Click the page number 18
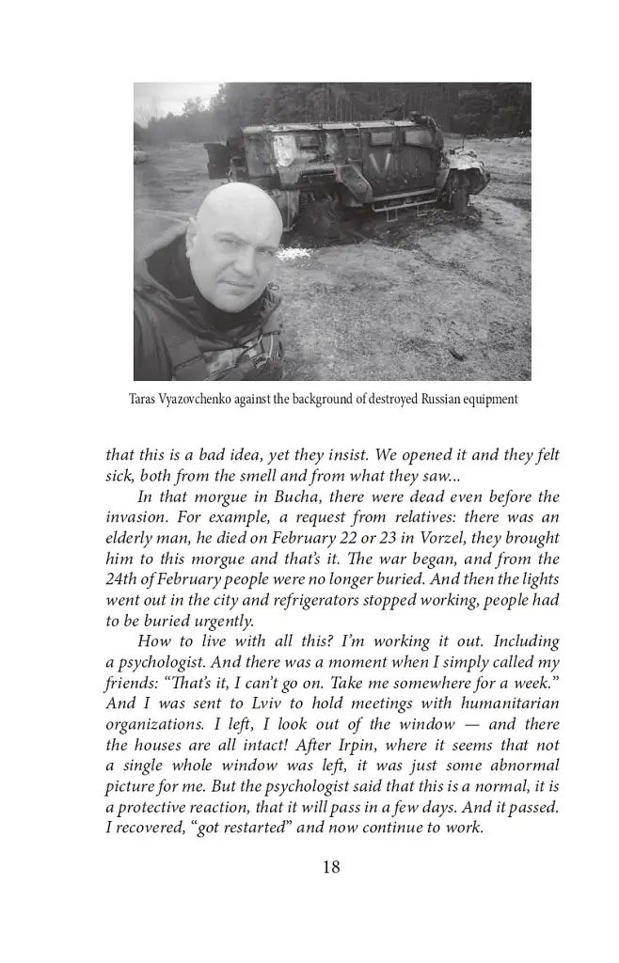coord(330,867)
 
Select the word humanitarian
coord(512,703)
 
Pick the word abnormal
coord(519,766)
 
